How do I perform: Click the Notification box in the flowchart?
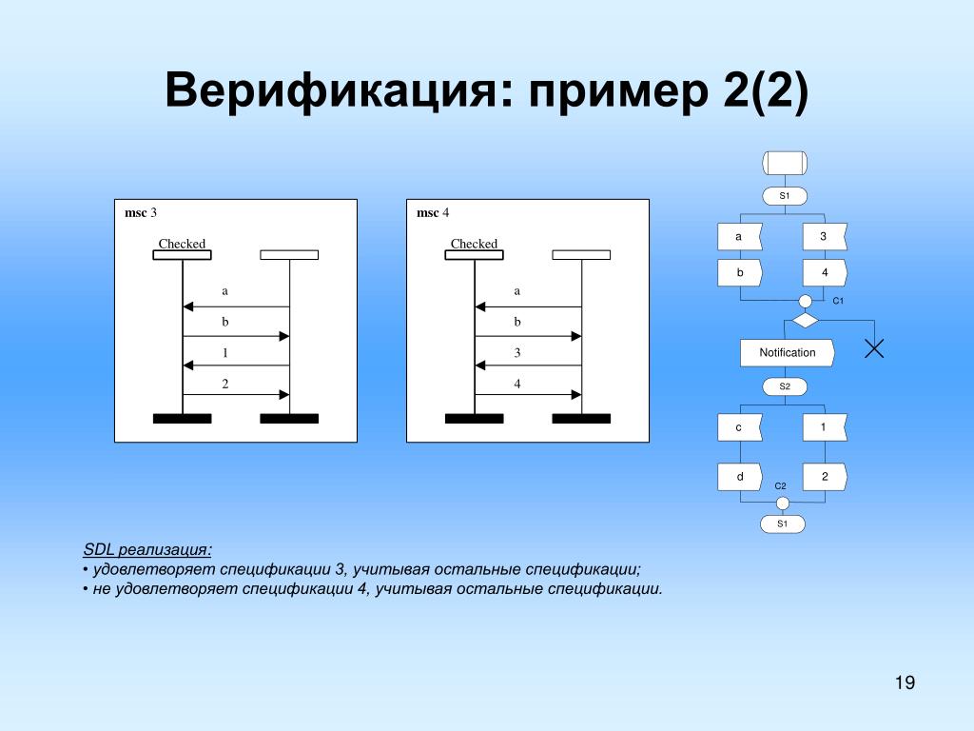[x=788, y=352]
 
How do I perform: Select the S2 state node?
[x=785, y=386]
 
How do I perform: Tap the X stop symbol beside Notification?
[x=874, y=347]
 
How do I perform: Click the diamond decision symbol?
[x=806, y=321]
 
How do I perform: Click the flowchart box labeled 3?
[x=824, y=236]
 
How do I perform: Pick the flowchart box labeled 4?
[x=824, y=272]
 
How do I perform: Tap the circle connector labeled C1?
[x=806, y=301]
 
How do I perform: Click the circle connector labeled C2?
[x=783, y=503]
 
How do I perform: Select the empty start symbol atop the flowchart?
[x=785, y=163]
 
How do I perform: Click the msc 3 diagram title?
[x=141, y=212]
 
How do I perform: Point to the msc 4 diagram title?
[x=433, y=212]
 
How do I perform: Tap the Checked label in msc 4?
[x=474, y=244]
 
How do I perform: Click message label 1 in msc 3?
[x=225, y=353]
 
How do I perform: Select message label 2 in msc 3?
[x=225, y=384]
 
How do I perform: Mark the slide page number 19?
[x=904, y=682]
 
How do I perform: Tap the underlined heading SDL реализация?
[x=147, y=550]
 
